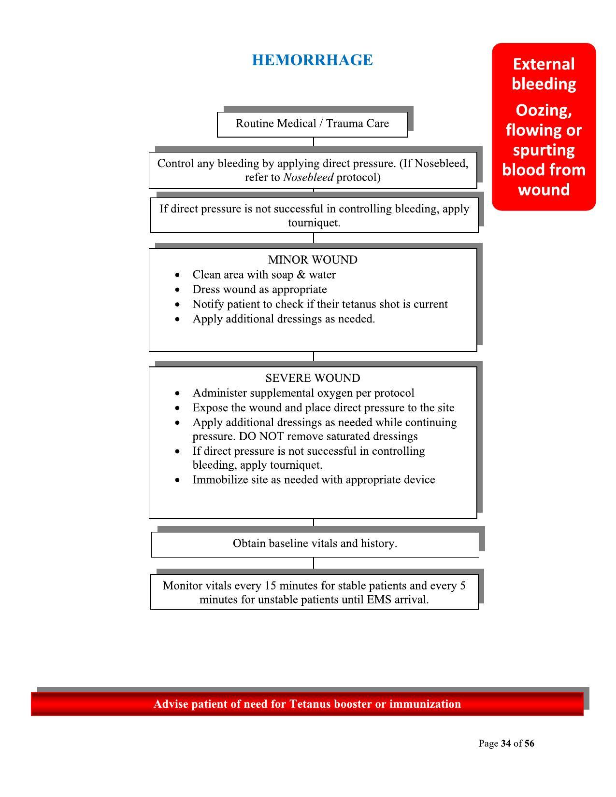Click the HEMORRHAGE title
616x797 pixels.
(x=312, y=60)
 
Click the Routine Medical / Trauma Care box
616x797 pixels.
(x=312, y=124)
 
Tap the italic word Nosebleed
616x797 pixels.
(x=308, y=178)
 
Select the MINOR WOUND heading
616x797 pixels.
(x=313, y=260)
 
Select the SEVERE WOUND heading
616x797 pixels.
(x=313, y=378)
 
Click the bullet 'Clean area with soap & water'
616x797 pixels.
(x=264, y=275)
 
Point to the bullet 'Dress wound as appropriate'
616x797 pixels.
(x=259, y=290)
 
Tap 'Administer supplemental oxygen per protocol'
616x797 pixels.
(x=303, y=393)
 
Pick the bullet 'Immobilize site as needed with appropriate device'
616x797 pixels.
(x=314, y=480)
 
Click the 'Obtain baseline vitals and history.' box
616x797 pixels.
(x=315, y=544)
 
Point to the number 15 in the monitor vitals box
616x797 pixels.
(x=270, y=586)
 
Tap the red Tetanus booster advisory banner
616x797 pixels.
(x=307, y=704)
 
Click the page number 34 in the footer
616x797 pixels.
(x=506, y=743)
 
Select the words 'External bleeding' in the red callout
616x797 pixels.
(x=544, y=74)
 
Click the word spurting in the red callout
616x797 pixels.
(x=544, y=150)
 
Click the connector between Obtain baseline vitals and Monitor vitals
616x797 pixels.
(x=314, y=563)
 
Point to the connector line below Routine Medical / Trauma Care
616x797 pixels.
(x=314, y=142)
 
